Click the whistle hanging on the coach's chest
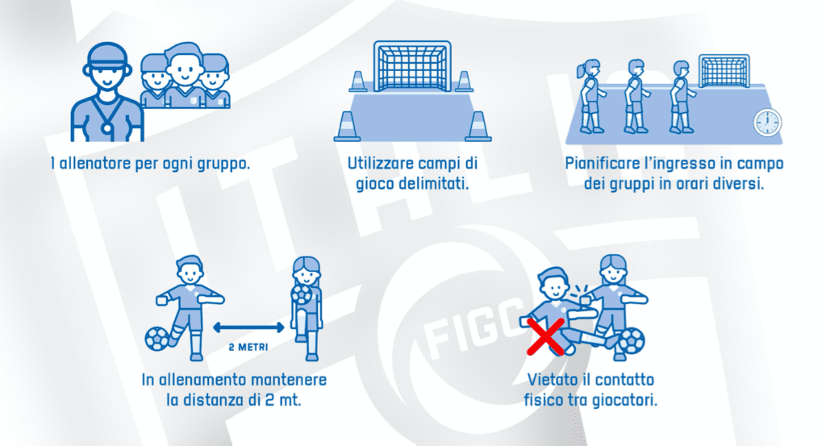(x=107, y=127)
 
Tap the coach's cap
(x=107, y=56)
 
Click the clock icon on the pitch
(x=768, y=123)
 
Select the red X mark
(x=546, y=337)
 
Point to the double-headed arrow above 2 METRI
(x=248, y=327)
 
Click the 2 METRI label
(x=248, y=348)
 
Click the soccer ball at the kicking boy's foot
(x=157, y=339)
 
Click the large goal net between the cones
(x=412, y=66)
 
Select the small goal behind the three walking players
(x=724, y=71)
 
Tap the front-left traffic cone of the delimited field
(x=347, y=127)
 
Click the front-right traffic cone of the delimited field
(x=478, y=127)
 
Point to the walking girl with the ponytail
(x=590, y=96)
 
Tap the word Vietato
(x=553, y=380)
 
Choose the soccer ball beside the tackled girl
(x=631, y=340)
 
